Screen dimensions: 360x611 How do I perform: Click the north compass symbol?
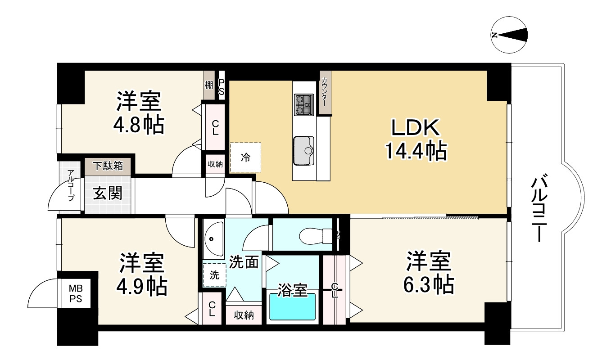click(x=509, y=35)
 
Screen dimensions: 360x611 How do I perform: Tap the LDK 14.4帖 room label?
click(x=415, y=140)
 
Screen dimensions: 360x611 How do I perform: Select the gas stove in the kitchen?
click(x=303, y=105)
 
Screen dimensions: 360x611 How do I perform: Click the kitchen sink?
click(x=304, y=150)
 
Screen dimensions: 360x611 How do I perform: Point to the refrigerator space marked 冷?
click(x=245, y=157)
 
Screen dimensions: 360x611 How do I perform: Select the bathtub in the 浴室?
click(x=292, y=307)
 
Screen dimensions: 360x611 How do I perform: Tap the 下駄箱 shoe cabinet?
click(x=108, y=166)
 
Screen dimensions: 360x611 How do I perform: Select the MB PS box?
click(x=75, y=293)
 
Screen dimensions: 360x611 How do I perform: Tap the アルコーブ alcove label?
click(x=71, y=185)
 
